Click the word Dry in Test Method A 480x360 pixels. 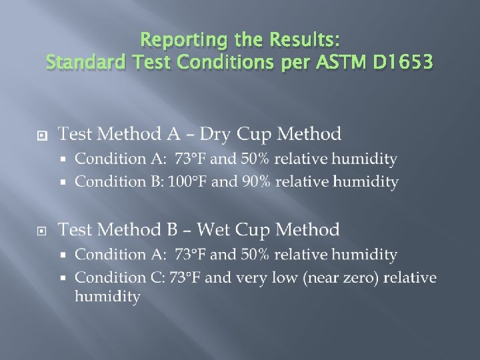pos(215,134)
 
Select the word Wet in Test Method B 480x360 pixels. pos(214,230)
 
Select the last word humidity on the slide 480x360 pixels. pos(107,296)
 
